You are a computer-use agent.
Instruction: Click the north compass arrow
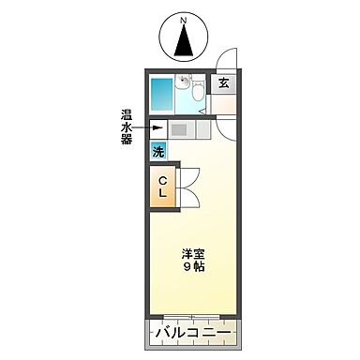[x=184, y=40]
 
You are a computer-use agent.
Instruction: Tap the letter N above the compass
[x=185, y=18]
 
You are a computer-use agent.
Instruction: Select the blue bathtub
[x=163, y=95]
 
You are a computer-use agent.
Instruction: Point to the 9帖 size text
[x=195, y=267]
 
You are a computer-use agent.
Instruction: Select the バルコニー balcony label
[x=195, y=333]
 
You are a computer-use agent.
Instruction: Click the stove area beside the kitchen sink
[x=203, y=129]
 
